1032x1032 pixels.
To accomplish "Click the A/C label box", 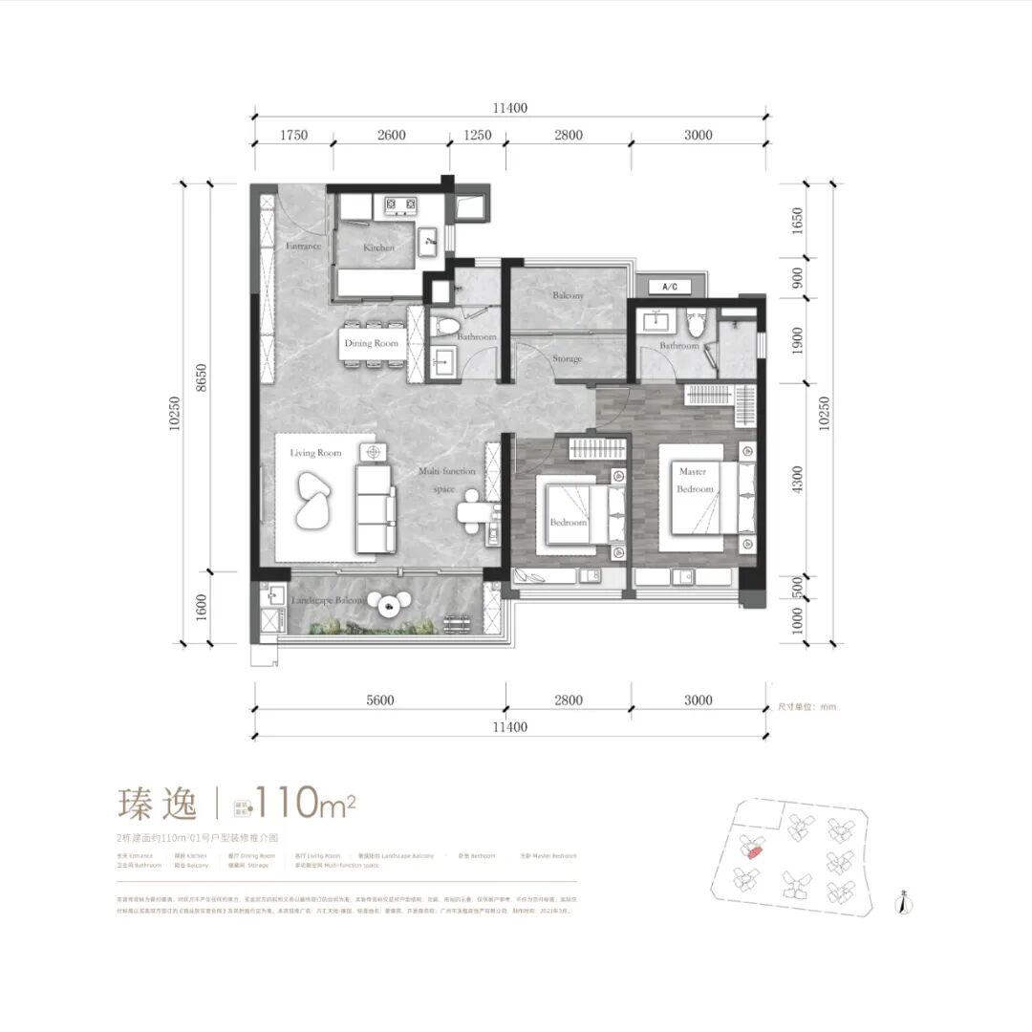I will [669, 287].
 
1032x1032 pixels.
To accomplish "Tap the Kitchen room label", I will [378, 248].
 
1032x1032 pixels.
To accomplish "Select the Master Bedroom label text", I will [695, 481].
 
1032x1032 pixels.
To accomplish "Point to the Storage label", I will [567, 359].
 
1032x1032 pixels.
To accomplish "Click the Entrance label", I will [304, 246].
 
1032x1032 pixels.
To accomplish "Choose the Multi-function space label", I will [442, 481].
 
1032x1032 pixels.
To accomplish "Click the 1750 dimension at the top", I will [293, 135].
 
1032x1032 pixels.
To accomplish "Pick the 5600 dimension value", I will [379, 700].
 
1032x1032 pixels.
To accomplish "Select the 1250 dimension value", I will [478, 135].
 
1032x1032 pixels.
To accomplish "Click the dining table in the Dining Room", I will [373, 343].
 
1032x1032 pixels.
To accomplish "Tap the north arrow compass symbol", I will [902, 902].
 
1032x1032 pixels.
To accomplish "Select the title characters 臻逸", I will [158, 803].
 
